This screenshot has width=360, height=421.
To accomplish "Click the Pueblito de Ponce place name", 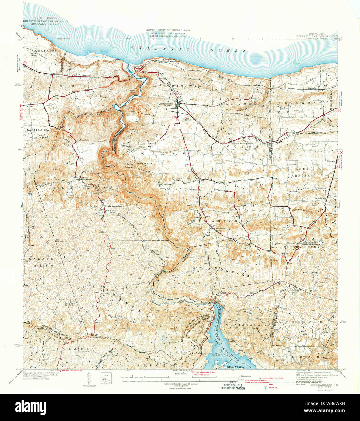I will pyautogui.click(x=115, y=207).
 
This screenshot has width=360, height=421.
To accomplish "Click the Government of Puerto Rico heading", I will pyautogui.click(x=166, y=30).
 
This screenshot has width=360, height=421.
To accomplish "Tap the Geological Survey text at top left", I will pyautogui.click(x=45, y=24).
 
